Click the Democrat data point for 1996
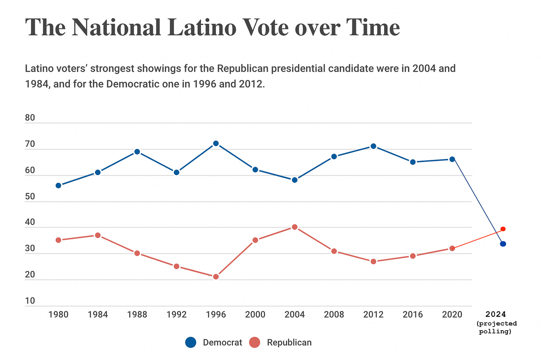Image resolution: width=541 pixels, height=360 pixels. pos(216,143)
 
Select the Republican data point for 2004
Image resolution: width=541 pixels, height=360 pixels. pos(295,227)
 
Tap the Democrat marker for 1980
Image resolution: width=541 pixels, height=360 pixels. pos(58,185)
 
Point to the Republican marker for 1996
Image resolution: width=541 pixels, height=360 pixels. pos(216,276)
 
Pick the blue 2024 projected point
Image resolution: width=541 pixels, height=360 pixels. pos(503,244)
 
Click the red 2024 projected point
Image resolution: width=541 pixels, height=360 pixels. pos(503,229)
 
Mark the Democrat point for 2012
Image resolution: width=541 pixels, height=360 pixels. pos(373,146)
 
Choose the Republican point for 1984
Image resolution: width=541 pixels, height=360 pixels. pos(98,235)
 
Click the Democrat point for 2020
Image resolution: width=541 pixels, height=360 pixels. pos(452,159)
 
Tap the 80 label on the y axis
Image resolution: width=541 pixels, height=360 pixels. pos(30,118)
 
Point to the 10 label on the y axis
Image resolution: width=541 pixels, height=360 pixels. pos(30,301)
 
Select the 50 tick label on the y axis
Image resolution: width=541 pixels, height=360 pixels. pos(30,197)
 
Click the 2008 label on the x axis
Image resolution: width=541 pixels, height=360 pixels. pos(334,315)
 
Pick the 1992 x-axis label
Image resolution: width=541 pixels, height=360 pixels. pos(176,315)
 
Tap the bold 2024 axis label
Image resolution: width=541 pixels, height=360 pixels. pos(496,314)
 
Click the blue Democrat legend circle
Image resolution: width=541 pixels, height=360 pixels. pos(191,343)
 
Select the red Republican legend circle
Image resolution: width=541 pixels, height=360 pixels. pos(255,343)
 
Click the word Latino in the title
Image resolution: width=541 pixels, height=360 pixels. pos(201,27)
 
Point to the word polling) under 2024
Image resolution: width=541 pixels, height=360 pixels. pos(495,331)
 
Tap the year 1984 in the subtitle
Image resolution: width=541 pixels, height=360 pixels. pos(38,84)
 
